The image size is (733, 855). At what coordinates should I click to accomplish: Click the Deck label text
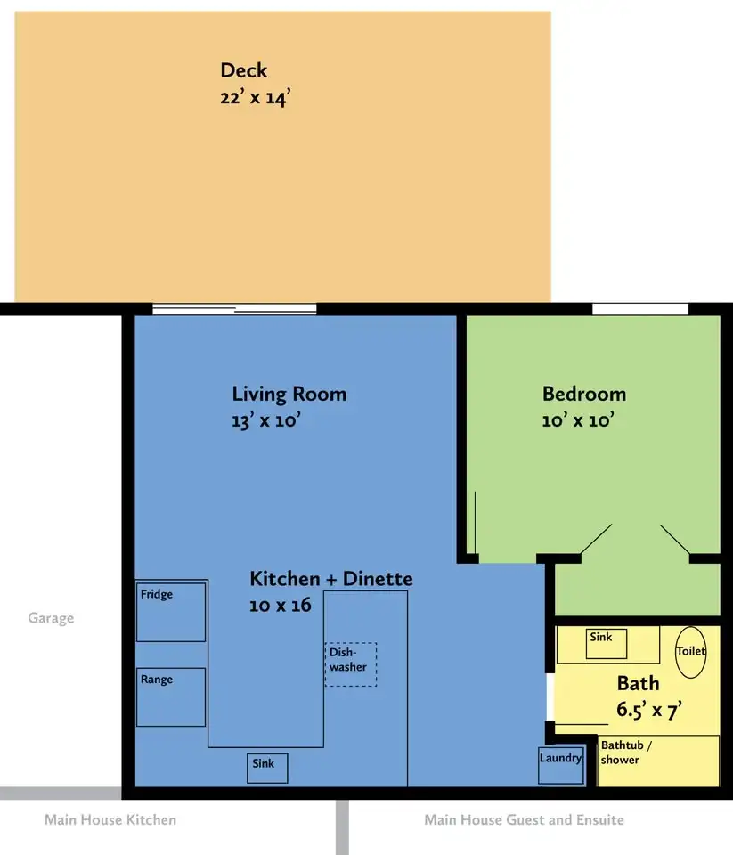coord(244,70)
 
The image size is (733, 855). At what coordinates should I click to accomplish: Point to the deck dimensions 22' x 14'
coord(255,98)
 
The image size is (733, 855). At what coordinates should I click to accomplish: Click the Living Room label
coord(289,395)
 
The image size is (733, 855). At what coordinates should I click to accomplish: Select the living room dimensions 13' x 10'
coord(266,420)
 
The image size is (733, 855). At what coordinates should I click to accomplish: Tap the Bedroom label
coord(584,394)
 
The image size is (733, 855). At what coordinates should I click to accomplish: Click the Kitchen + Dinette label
coord(331,579)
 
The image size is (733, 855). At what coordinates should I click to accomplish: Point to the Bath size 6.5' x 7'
coord(649,710)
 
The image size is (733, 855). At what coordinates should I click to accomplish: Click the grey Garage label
coord(51,618)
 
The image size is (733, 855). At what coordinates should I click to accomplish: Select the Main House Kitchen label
coord(110,820)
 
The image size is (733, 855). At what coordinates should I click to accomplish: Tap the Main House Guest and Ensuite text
coord(524,820)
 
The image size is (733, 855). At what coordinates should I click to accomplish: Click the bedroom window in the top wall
coord(640,309)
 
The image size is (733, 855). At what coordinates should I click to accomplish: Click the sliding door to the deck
coord(234,309)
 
